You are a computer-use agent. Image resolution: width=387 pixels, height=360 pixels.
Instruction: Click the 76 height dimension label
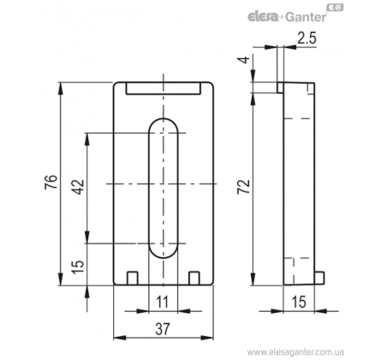(51, 182)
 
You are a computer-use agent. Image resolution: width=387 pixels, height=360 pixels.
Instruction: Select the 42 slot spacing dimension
(78, 187)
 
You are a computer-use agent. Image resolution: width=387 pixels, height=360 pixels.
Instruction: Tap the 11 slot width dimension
(163, 302)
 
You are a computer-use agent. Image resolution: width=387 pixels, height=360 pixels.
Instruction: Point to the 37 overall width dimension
(163, 328)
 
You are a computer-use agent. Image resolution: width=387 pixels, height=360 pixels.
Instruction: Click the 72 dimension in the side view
(244, 187)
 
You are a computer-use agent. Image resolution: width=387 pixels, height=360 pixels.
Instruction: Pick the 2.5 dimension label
(307, 38)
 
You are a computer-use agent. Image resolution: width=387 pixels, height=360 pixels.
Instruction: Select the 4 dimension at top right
(243, 60)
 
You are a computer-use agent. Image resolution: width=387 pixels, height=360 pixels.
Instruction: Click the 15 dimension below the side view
(299, 302)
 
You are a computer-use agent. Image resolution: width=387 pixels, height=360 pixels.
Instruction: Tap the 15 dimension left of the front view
(78, 267)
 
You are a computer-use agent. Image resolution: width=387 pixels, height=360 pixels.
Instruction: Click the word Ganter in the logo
(306, 16)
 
